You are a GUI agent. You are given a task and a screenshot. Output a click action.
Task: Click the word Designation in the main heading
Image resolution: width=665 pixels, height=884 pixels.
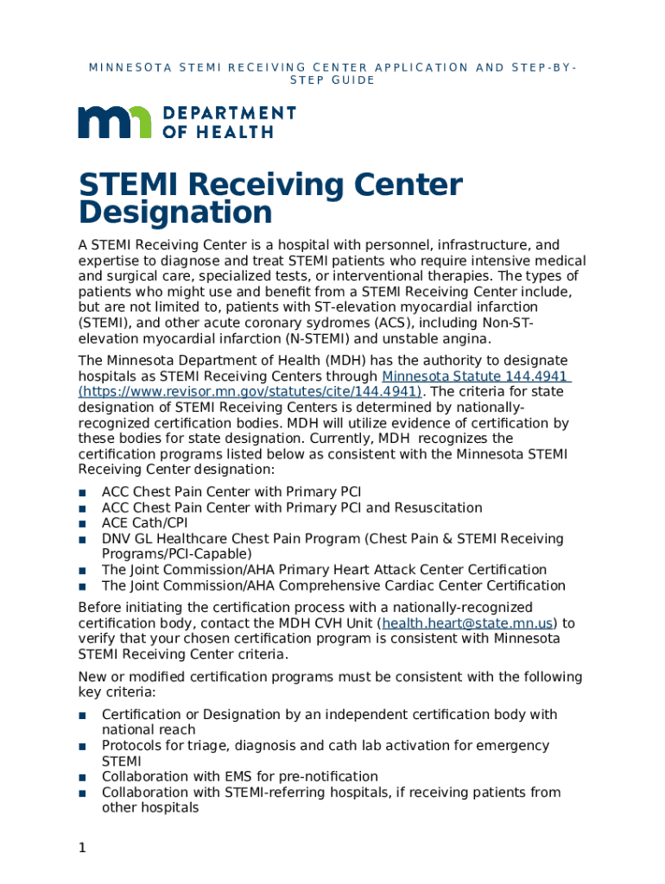[x=175, y=212]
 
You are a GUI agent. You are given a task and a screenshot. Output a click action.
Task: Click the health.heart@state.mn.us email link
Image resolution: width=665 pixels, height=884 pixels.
[x=467, y=623]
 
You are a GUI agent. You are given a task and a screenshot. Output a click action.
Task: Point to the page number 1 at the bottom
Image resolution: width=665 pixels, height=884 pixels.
[x=82, y=849]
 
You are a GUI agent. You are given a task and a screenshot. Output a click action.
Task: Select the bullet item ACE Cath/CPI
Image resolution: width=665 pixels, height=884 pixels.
[x=144, y=523]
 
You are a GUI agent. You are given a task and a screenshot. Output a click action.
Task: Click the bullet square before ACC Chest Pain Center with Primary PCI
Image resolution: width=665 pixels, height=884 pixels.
[x=82, y=493]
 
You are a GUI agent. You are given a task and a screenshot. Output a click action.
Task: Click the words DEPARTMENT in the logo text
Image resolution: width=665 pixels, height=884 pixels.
[x=229, y=113]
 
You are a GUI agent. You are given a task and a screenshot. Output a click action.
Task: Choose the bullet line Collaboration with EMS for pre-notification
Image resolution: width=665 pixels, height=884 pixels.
[x=239, y=777]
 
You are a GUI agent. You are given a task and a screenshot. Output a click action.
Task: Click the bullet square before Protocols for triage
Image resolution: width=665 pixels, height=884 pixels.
[x=82, y=747]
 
